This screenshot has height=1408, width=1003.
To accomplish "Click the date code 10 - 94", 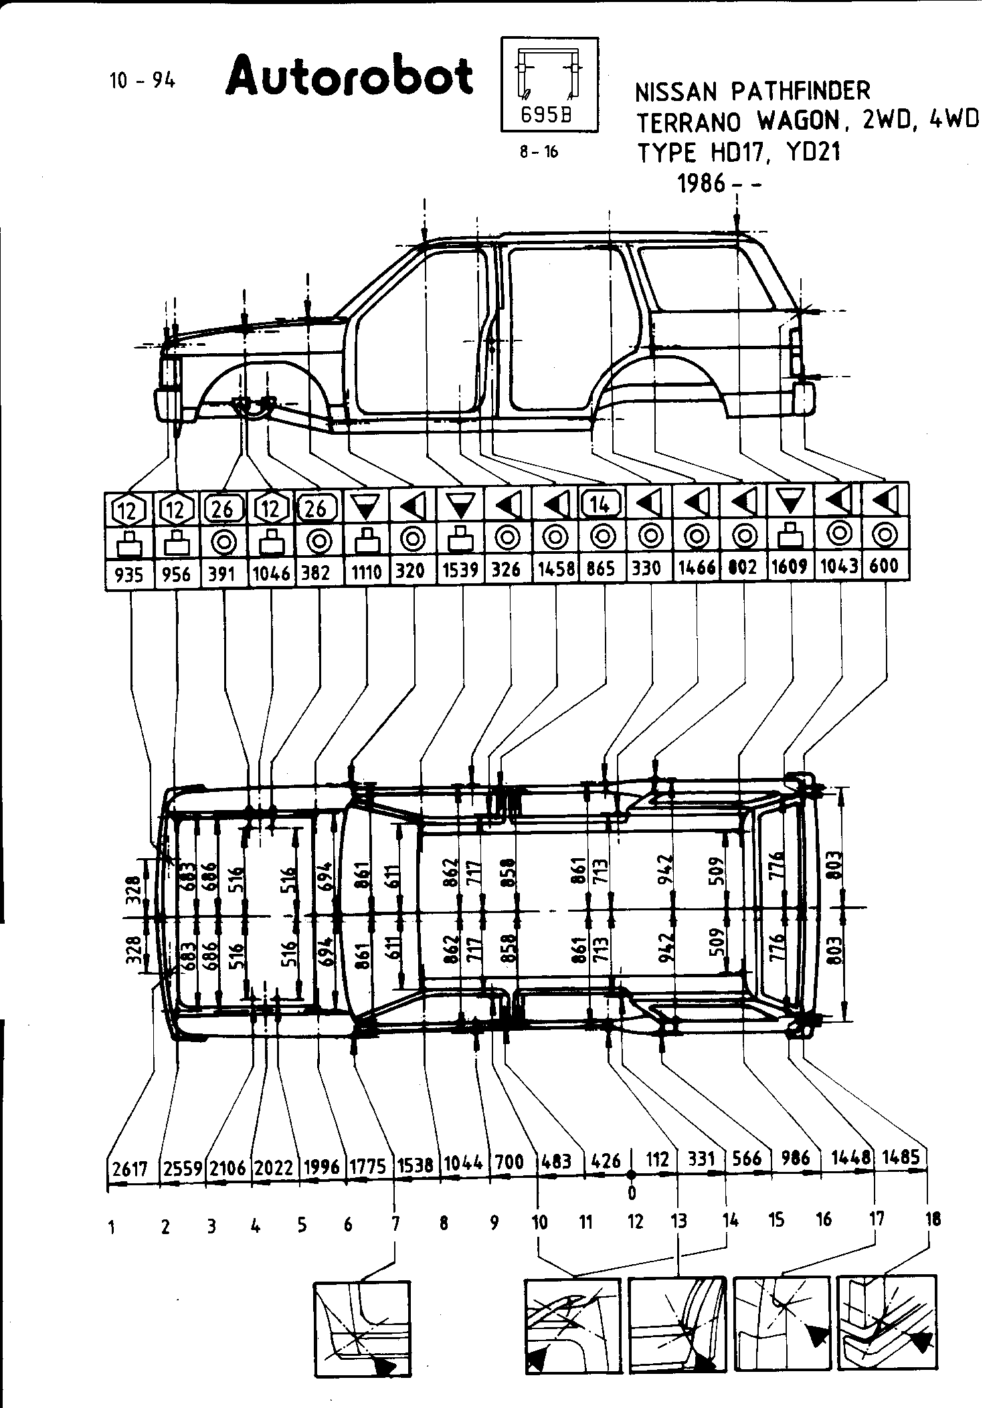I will tap(142, 81).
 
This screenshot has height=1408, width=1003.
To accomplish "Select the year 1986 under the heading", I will tap(702, 183).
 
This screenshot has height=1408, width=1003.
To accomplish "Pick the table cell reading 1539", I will tap(460, 571).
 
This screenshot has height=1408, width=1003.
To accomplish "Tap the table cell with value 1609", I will tap(790, 568).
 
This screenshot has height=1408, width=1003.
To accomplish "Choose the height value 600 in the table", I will tap(885, 567).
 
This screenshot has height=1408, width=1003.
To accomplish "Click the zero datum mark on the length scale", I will tap(631, 1175).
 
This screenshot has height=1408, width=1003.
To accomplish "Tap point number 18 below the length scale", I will tap(933, 1219).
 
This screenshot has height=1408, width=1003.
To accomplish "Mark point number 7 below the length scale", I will tap(395, 1224).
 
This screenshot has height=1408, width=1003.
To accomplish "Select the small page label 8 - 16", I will tap(539, 152).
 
